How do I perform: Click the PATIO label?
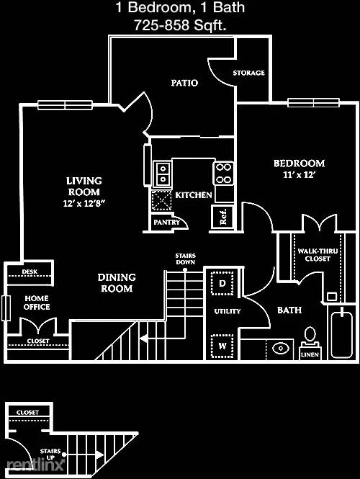pyautogui.click(x=184, y=83)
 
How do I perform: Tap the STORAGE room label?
pyautogui.click(x=249, y=73)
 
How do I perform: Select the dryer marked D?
pyautogui.click(x=222, y=283)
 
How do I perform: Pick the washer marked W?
pyautogui.click(x=222, y=346)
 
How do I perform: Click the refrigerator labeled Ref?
pyautogui.click(x=223, y=217)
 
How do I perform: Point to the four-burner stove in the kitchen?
pyautogui.click(x=224, y=174)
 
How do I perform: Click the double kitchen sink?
pyautogui.click(x=163, y=174)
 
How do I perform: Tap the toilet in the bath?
pyautogui.click(x=310, y=336)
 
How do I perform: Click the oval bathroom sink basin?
pyautogui.click(x=280, y=348)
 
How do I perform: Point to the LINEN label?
pyautogui.click(x=310, y=354)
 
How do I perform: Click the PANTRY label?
pyautogui.click(x=167, y=222)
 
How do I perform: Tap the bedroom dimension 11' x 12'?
pyautogui.click(x=299, y=175)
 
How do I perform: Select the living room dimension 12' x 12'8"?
pyautogui.click(x=84, y=203)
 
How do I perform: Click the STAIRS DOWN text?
pyautogui.click(x=186, y=259)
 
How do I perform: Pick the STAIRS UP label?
pyautogui.click(x=50, y=455)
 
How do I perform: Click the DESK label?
pyautogui.click(x=30, y=272)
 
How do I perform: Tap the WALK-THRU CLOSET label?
pyautogui.click(x=318, y=255)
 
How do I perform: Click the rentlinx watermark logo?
pyautogui.click(x=35, y=465)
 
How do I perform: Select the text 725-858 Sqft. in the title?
pyautogui.click(x=180, y=25)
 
